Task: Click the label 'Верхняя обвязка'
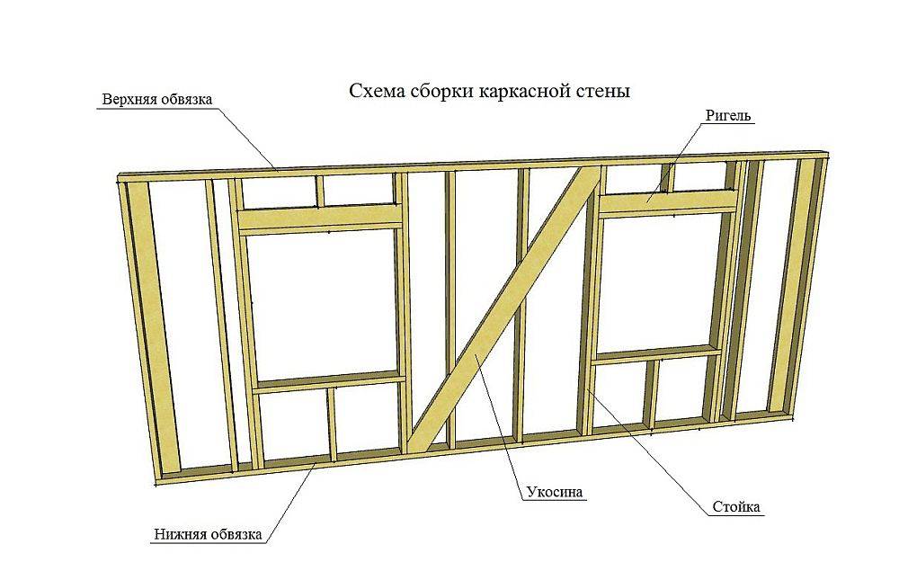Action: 156,100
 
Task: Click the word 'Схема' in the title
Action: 371,92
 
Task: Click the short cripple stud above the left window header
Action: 319,190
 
